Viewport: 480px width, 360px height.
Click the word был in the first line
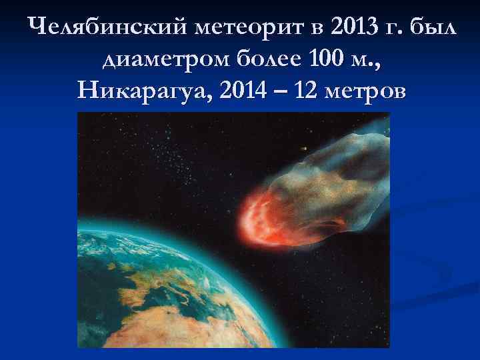click(x=433, y=28)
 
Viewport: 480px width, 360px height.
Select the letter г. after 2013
click(x=394, y=28)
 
